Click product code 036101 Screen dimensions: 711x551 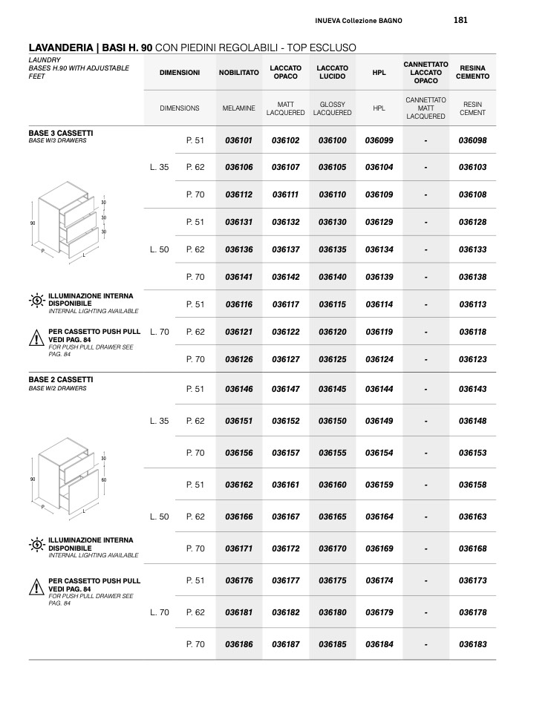pyautogui.click(x=238, y=140)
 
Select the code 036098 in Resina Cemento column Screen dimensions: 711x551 pyautogui.click(x=472, y=140)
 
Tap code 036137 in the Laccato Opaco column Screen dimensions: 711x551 pyautogui.click(x=285, y=250)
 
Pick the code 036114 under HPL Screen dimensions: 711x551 pyautogui.click(x=379, y=304)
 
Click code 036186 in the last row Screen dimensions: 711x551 pyautogui.click(x=238, y=645)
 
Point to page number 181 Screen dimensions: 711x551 pyautogui.click(x=460, y=20)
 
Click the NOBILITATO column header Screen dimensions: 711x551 pyautogui.click(x=238, y=73)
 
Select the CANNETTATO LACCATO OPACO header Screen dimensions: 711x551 pyautogui.click(x=426, y=73)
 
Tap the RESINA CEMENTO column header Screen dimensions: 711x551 pyautogui.click(x=472, y=73)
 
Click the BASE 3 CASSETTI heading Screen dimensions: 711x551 pyautogui.click(x=61, y=133)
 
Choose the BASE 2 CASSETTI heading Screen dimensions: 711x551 pyautogui.click(x=61, y=379)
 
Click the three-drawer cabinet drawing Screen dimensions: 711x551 pyautogui.click(x=67, y=223)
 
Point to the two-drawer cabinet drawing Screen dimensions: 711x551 pyautogui.click(x=67, y=475)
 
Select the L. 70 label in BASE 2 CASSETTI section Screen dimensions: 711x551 pyautogui.click(x=160, y=613)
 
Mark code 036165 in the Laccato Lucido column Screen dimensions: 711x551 pyautogui.click(x=332, y=517)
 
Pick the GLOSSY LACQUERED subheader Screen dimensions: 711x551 pyautogui.click(x=332, y=109)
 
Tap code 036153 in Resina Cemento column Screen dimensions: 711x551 pyautogui.click(x=472, y=453)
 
